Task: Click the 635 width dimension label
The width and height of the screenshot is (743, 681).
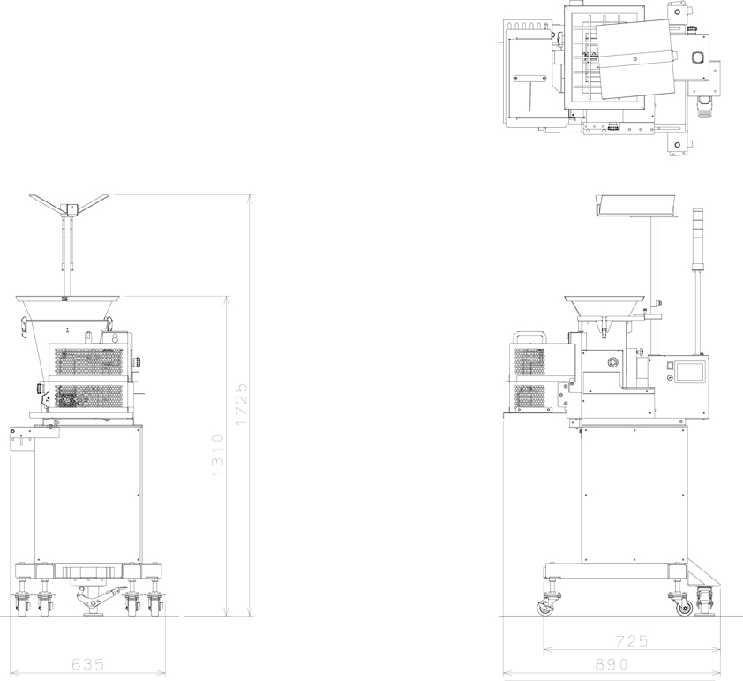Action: [87, 664]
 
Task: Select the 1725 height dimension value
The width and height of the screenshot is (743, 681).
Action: [241, 405]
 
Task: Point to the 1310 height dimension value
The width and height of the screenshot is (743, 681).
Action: [217, 456]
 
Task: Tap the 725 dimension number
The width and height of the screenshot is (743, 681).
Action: [632, 641]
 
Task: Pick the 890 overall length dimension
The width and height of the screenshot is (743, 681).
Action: [612, 664]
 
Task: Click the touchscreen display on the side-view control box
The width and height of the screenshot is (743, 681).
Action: [690, 371]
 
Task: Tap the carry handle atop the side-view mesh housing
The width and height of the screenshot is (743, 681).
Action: [529, 337]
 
